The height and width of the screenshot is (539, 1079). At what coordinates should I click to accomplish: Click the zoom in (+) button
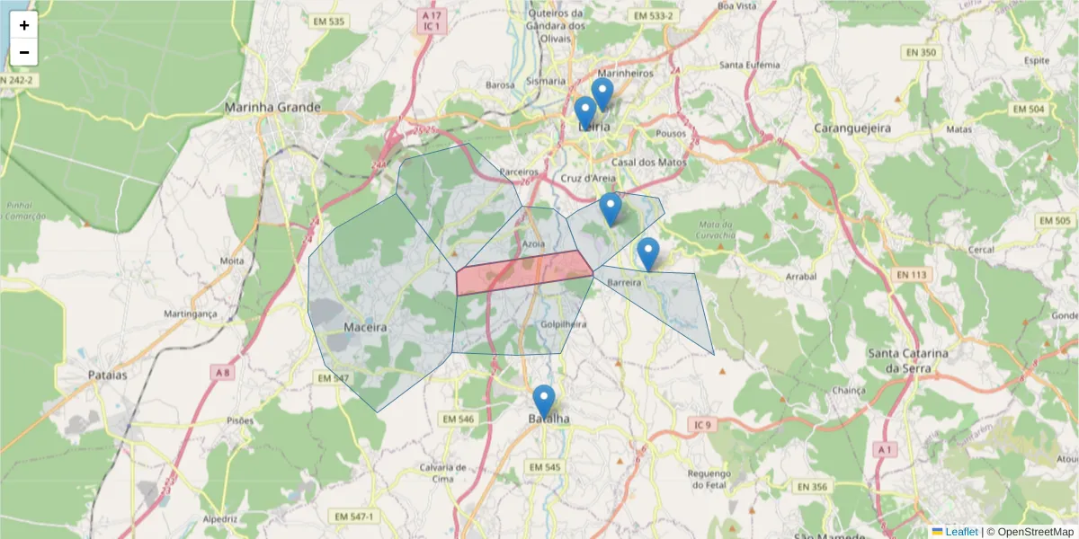[23, 25]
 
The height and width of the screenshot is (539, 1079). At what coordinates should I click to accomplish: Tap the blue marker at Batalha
[543, 401]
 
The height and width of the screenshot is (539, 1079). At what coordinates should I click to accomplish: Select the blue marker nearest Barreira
[647, 253]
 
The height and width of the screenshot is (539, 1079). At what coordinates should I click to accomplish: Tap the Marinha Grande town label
[272, 107]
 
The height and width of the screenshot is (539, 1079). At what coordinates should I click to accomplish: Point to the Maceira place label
[365, 327]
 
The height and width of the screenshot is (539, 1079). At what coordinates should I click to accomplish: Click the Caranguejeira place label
[852, 128]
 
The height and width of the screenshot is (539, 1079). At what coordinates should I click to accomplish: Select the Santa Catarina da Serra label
[908, 360]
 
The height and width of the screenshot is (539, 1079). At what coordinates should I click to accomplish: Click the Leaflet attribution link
[961, 532]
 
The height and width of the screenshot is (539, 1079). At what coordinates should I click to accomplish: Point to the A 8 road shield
[222, 371]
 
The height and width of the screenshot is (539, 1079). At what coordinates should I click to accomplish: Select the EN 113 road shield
[911, 274]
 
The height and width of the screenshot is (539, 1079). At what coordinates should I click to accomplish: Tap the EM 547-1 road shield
[353, 517]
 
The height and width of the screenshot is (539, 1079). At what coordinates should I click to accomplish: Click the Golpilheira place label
[564, 324]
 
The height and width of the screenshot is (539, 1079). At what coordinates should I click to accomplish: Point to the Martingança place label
[191, 314]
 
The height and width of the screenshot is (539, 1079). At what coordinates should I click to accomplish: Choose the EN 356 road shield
[812, 486]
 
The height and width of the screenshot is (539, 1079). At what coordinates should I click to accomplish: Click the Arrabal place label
[801, 278]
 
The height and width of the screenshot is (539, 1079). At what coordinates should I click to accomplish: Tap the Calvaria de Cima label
[442, 473]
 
